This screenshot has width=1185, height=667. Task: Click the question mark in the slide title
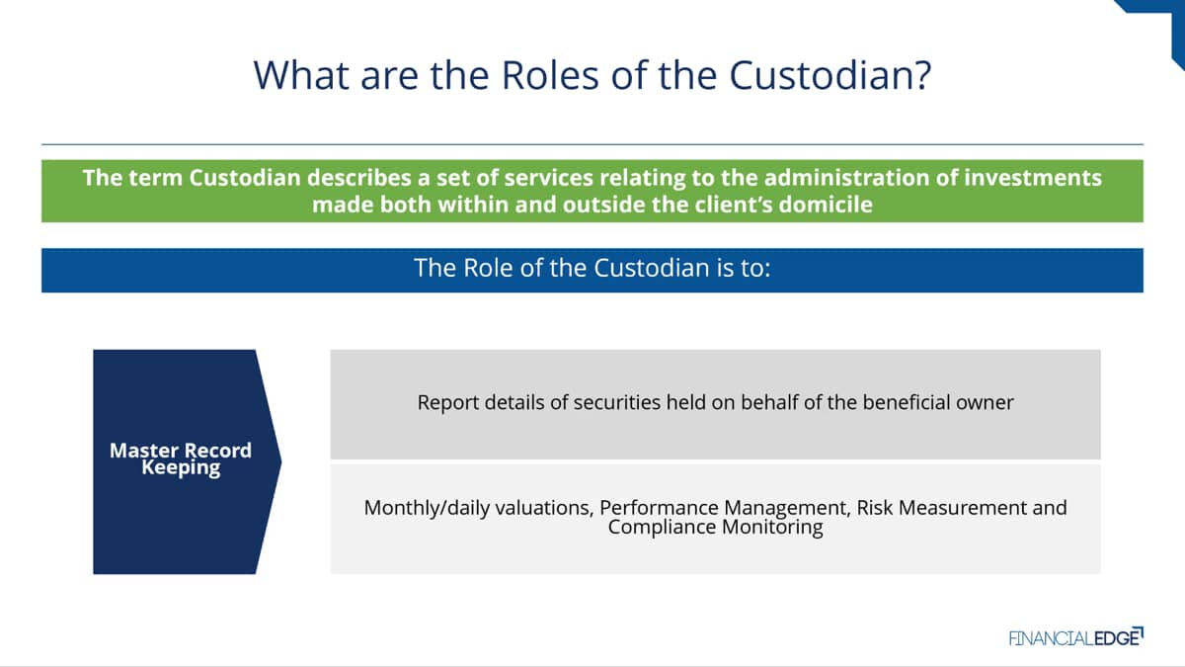pyautogui.click(x=921, y=75)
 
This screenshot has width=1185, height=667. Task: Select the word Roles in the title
pyautogui.click(x=550, y=75)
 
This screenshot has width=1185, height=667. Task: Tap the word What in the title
pyautogui.click(x=301, y=75)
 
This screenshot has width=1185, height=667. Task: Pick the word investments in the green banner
pyautogui.click(x=1033, y=177)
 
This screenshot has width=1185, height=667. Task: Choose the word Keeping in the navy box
pyautogui.click(x=181, y=468)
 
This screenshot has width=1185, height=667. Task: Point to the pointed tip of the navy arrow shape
pyautogui.click(x=280, y=462)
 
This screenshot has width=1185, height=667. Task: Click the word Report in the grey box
pyautogui.click(x=447, y=402)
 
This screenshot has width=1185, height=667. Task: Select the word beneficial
pyautogui.click(x=907, y=402)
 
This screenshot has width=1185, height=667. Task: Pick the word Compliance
pyautogui.click(x=662, y=528)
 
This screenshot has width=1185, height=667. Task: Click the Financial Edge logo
pyautogui.click(x=1076, y=637)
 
